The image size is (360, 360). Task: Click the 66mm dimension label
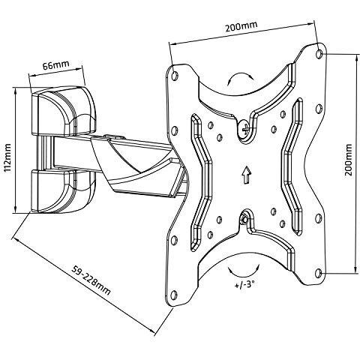coord(55,65)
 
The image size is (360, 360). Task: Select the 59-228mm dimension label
coord(91,280)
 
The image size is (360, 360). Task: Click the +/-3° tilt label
coord(244,285)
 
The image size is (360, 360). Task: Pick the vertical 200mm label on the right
coord(349,160)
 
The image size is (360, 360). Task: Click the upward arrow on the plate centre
coord(247,175)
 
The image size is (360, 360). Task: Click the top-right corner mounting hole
coord(319,53)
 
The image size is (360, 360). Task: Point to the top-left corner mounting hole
coord(175,75)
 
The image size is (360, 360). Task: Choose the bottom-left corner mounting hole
coord(173,295)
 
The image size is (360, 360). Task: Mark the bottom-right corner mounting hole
coord(318,273)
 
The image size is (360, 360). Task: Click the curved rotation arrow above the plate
coord(240,74)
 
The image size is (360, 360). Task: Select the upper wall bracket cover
coord(63,111)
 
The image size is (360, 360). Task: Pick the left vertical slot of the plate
coord(201,182)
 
